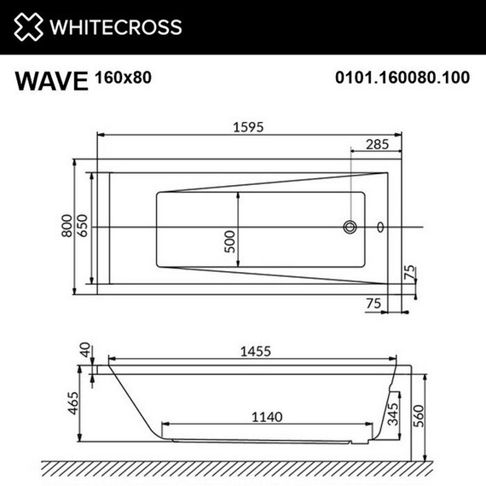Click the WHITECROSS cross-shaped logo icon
28,26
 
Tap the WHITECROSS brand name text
116,27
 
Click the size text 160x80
124,78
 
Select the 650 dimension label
84,226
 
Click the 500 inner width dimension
230,242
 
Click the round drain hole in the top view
350,228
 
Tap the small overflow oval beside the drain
379,228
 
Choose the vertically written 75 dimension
410,275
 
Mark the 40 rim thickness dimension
84,350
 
